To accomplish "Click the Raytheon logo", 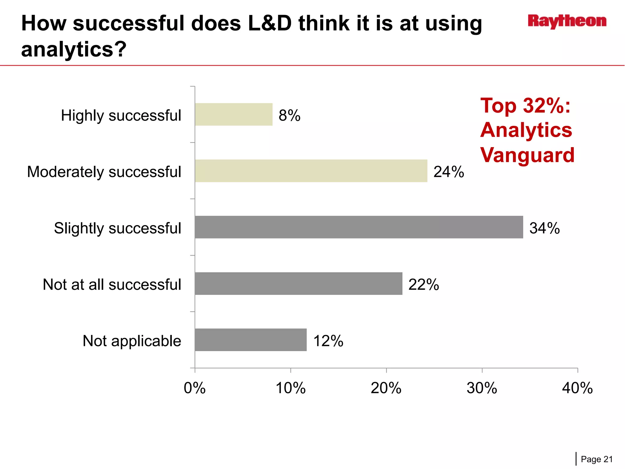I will click(x=567, y=21).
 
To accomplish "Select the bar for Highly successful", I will click(x=233, y=115).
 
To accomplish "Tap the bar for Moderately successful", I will click(x=311, y=171).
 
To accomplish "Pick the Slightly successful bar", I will click(x=359, y=227).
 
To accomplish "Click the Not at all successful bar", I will click(x=298, y=284).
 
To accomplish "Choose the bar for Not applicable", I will click(x=251, y=340).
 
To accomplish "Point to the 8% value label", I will click(x=289, y=115).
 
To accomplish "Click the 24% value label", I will click(x=449, y=172).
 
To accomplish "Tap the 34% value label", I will click(x=544, y=228).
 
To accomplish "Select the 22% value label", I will click(x=424, y=285).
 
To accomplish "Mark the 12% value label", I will click(x=328, y=341).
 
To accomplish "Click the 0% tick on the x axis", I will click(x=195, y=388).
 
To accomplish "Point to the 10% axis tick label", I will click(x=291, y=388).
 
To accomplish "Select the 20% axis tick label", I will click(x=386, y=388).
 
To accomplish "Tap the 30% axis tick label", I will click(x=482, y=388).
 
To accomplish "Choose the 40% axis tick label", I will click(x=577, y=388).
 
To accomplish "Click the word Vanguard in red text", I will click(x=527, y=155).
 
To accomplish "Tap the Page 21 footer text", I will click(x=597, y=459).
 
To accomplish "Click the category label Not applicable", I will click(x=132, y=341).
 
